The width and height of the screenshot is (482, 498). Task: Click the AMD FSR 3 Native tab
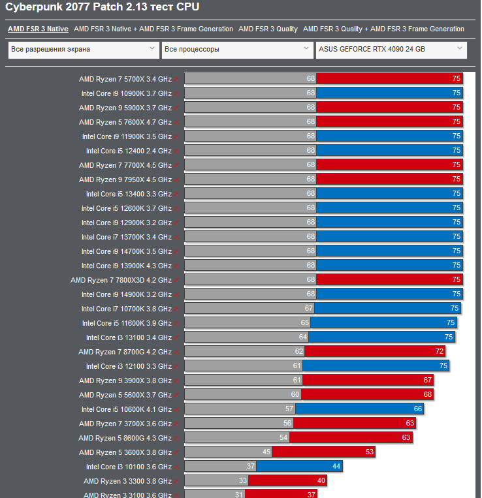pos(38,29)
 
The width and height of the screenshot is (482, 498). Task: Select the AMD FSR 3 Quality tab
pos(268,29)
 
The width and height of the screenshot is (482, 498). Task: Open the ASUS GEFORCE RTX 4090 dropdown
pos(391,49)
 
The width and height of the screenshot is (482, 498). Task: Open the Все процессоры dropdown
pos(238,49)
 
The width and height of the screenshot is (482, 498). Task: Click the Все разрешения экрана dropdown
pos(84,49)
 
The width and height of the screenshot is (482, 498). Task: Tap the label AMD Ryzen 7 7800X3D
pos(121,280)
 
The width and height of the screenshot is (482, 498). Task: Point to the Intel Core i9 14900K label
pos(126,294)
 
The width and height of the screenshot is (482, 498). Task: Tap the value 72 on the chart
pos(440,352)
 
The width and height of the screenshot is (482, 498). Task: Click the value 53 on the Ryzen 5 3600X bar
pos(370,452)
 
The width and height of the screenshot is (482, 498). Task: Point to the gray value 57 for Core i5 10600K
pos(289,409)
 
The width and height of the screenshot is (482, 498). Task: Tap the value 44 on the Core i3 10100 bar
pos(336,467)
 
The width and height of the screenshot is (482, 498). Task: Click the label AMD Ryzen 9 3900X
pos(125,381)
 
